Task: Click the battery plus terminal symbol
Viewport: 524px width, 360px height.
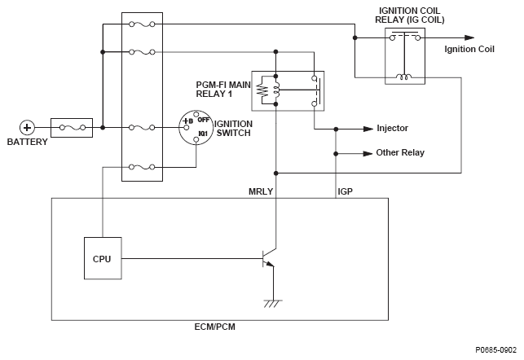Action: tap(27, 127)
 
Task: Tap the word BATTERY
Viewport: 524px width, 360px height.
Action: tap(27, 142)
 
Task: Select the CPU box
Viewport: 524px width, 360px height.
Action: tap(103, 258)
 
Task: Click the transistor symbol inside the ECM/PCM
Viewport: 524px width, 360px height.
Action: tap(266, 258)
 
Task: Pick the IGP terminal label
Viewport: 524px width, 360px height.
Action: tap(345, 191)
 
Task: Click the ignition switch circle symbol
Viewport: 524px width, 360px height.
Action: tap(195, 128)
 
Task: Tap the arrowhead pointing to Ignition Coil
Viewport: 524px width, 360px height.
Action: tap(469, 37)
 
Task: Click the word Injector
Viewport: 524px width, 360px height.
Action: tap(393, 128)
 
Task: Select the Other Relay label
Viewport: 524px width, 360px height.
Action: tap(399, 152)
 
